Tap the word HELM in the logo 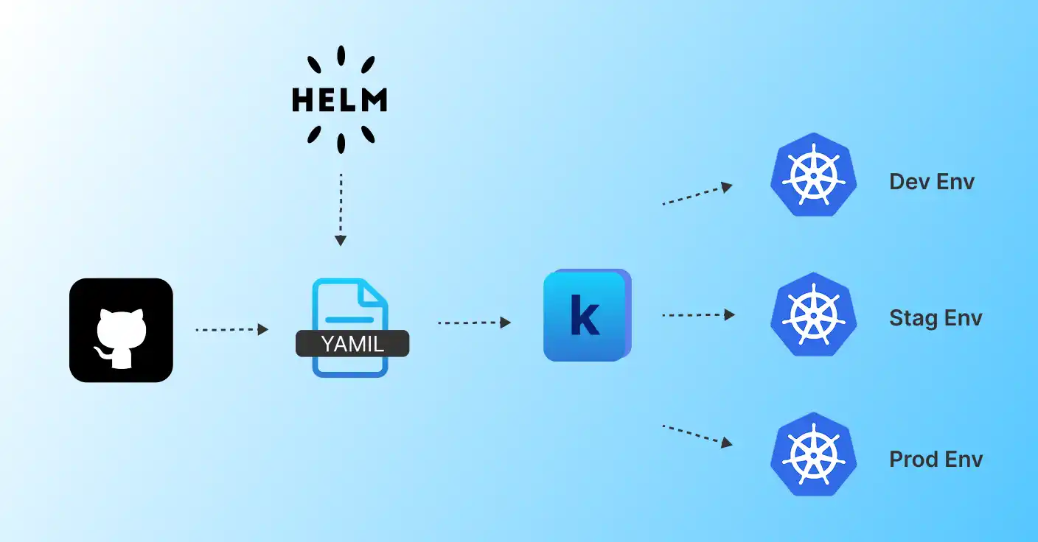pos(340,99)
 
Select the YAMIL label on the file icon pos(352,343)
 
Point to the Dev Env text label pos(932,181)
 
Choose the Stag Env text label pos(936,318)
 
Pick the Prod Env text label pos(936,460)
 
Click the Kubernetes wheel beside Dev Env pos(814,175)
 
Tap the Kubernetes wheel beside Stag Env pos(814,314)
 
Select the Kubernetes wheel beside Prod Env pos(814,454)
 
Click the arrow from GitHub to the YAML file pos(231,330)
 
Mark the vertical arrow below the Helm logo pos(340,210)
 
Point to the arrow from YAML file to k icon pos(474,323)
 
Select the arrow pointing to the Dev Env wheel pos(697,194)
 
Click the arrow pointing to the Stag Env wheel pos(698,315)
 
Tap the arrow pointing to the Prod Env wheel pos(697,435)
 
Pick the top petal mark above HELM pos(341,57)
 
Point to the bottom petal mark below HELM pos(341,142)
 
